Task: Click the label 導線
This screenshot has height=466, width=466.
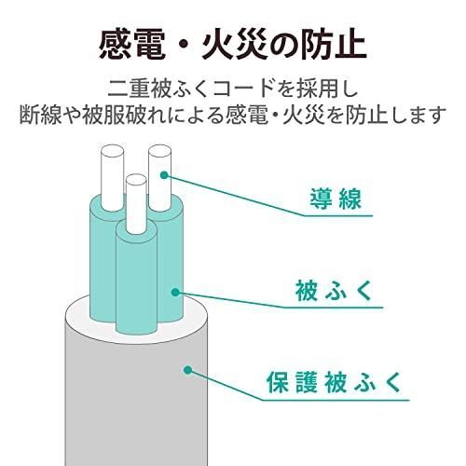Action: (x=336, y=199)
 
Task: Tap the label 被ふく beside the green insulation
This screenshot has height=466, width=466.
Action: (x=334, y=291)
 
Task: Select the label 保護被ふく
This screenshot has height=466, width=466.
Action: (x=334, y=382)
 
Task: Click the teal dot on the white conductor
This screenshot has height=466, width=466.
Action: (x=165, y=175)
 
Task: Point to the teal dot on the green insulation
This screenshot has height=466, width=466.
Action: (x=175, y=292)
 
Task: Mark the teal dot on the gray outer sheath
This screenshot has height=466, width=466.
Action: (x=187, y=370)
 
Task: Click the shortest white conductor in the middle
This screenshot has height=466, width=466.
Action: (x=136, y=203)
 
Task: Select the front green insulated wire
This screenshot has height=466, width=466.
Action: (x=136, y=280)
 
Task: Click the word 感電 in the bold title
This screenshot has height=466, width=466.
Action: (x=132, y=47)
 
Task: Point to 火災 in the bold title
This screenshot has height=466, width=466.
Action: (x=234, y=47)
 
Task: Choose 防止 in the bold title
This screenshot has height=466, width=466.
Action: (x=334, y=47)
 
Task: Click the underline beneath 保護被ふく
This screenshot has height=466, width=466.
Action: (x=336, y=400)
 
